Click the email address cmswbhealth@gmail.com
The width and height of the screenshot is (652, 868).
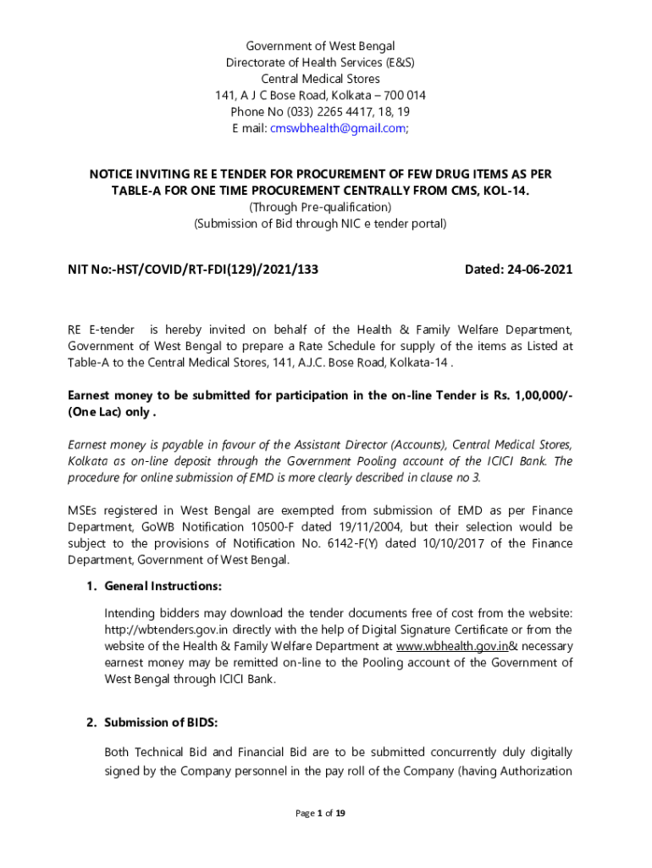pos(337,128)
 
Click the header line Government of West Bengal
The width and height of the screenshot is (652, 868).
pos(320,46)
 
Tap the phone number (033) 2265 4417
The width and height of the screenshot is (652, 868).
pos(321,112)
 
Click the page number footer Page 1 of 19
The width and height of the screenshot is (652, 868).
pos(320,814)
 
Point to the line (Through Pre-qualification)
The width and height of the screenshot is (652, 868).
pos(320,207)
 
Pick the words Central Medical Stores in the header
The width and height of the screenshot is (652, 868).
pos(320,79)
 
